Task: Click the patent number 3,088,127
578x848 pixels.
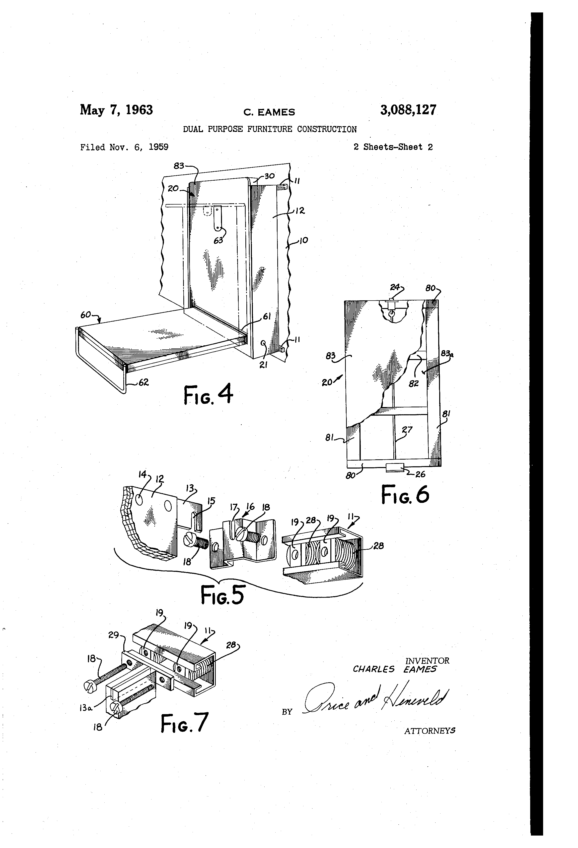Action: coord(408,110)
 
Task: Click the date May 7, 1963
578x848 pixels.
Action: coord(116,110)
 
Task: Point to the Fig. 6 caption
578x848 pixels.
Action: coord(405,495)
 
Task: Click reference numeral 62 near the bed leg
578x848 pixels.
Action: coord(144,383)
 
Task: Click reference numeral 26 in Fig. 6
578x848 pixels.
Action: coord(420,474)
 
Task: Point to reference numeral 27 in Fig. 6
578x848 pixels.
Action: coord(407,429)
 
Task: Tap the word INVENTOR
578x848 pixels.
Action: coord(427,660)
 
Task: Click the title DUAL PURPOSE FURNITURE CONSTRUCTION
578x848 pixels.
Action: coord(270,129)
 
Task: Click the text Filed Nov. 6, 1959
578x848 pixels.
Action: coord(124,147)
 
